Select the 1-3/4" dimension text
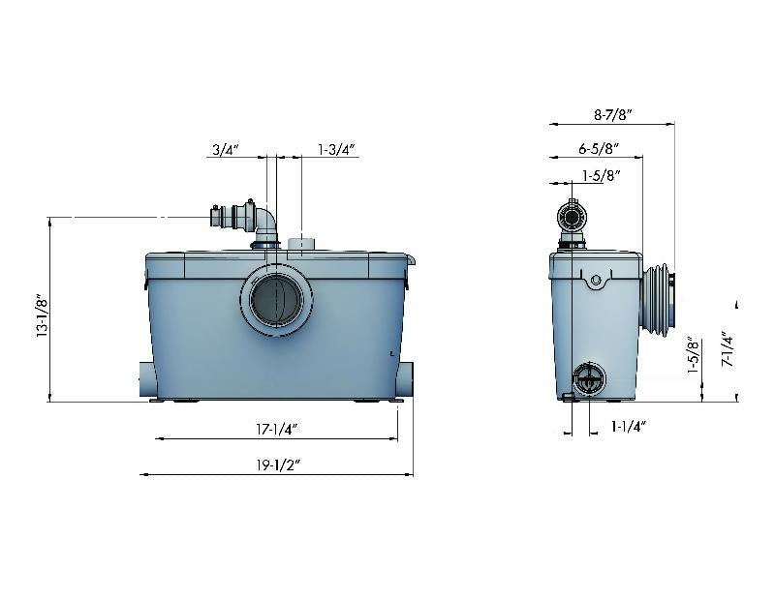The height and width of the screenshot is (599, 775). [337, 150]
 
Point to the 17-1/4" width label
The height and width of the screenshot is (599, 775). [277, 428]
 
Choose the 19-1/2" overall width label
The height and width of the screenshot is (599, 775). [277, 464]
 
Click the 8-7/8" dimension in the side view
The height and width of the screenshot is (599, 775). [612, 114]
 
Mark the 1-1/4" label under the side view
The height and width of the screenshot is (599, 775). [629, 425]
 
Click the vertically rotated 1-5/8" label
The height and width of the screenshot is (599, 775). [692, 356]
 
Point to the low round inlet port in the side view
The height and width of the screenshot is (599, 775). [586, 380]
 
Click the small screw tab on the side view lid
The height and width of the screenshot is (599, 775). [595, 281]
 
